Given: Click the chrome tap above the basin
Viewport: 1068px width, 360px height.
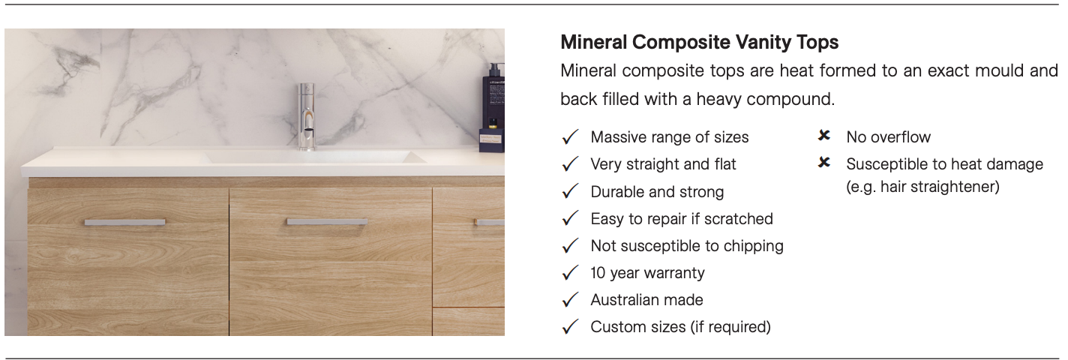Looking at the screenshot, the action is (307, 116).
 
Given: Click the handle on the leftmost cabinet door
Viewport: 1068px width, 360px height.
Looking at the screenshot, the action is (125, 222).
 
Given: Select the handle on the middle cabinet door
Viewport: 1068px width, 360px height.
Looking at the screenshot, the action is (327, 222).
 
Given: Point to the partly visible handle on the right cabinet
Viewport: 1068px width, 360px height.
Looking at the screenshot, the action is (489, 222).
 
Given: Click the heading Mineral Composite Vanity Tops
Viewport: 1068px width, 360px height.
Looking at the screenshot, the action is (700, 42).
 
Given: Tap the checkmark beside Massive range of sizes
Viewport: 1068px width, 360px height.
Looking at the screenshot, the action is (570, 137).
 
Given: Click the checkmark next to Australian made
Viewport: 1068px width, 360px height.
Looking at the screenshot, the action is (570, 300).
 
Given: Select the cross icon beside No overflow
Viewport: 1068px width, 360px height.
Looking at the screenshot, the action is (824, 136).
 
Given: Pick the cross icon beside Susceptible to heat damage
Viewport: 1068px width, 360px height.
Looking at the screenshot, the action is (824, 163).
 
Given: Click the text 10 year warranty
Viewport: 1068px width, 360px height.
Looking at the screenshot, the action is (647, 273).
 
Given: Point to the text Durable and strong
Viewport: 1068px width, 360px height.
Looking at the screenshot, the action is (657, 192).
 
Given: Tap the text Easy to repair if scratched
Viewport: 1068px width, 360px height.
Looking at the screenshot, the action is (682, 219).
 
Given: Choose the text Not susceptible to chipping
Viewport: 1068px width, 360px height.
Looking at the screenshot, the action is (687, 246).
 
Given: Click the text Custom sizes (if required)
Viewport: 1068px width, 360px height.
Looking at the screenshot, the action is (680, 327).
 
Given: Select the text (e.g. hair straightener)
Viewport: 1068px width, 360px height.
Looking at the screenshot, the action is (922, 187).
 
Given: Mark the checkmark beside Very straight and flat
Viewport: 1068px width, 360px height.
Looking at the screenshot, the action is (570, 164).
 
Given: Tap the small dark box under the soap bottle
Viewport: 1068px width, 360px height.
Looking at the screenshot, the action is (491, 140).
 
